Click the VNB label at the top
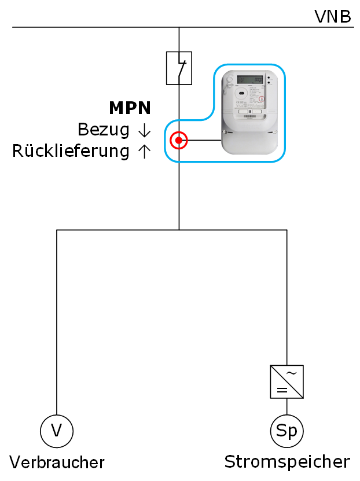(332, 16)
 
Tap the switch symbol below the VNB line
(179, 68)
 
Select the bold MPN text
(130, 108)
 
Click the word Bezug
(103, 130)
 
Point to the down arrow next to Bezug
(144, 131)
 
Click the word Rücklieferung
(71, 152)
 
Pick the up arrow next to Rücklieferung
(144, 152)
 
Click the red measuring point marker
(179, 140)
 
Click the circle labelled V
(57, 431)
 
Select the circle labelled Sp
(287, 431)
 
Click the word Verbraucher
(57, 462)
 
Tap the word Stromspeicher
(287, 462)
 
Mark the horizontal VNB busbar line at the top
(87, 27)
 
